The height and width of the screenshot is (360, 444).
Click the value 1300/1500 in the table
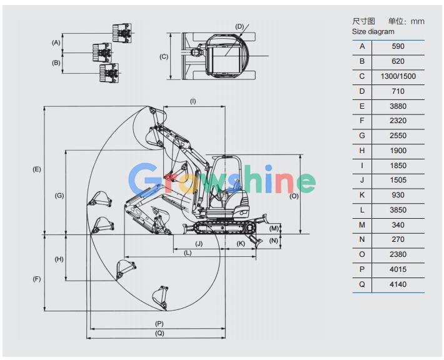[398, 76]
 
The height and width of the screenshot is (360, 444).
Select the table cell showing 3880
[398, 106]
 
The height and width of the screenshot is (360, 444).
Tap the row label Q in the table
[362, 284]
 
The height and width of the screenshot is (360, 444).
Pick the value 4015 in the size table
[398, 269]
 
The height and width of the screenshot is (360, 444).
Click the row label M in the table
[362, 225]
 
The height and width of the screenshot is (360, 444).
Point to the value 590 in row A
[398, 46]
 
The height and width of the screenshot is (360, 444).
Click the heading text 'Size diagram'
[373, 31]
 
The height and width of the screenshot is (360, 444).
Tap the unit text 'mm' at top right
[418, 21]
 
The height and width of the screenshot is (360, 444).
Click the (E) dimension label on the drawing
[37, 169]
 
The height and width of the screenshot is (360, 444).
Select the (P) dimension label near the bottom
[159, 324]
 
